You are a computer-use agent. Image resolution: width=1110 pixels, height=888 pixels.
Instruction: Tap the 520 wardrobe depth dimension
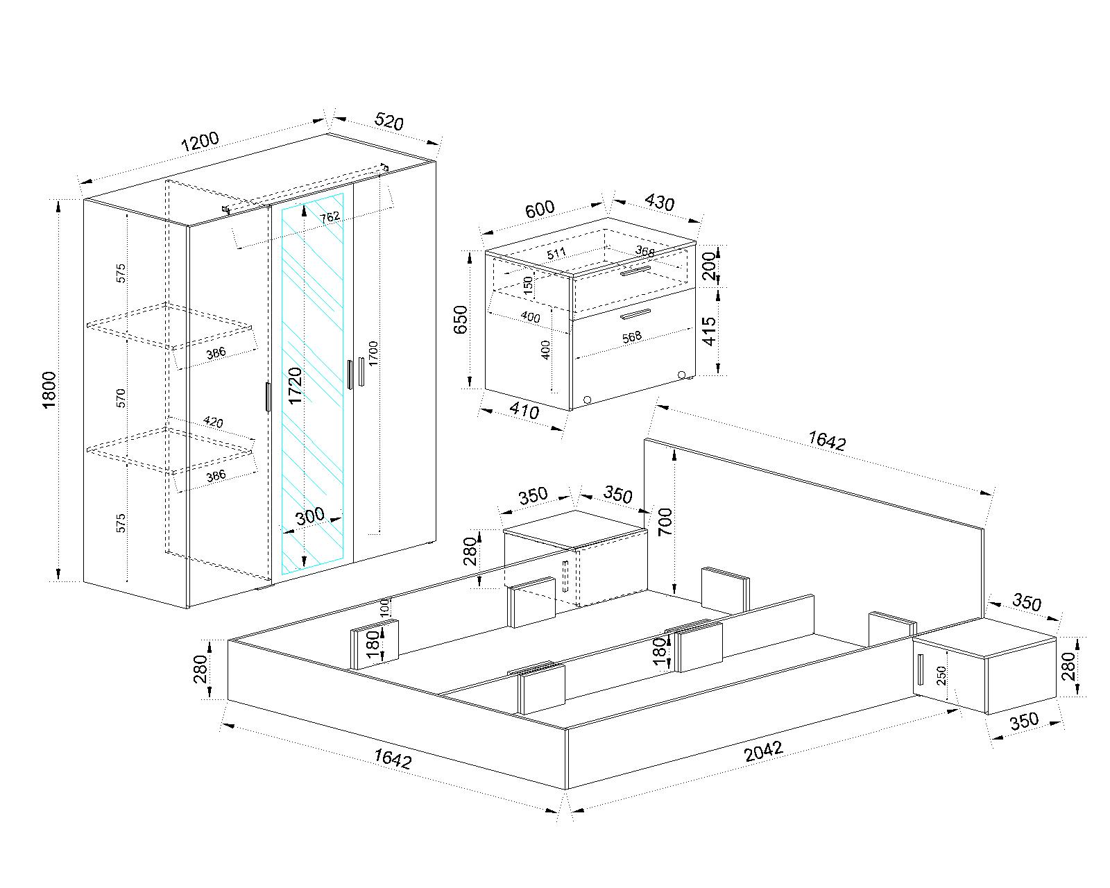(388, 122)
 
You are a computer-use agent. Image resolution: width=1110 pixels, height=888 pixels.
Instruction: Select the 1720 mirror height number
(296, 386)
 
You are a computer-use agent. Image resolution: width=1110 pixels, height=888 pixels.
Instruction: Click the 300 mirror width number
(309, 515)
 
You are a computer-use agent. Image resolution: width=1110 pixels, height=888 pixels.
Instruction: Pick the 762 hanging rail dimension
(330, 217)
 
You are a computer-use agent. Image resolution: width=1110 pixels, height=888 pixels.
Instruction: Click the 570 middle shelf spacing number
(121, 398)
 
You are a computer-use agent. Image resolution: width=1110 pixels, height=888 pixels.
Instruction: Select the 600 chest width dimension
(539, 208)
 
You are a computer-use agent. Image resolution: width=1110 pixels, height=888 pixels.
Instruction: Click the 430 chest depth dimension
(659, 202)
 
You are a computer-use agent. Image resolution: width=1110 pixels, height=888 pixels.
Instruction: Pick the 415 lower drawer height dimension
(708, 332)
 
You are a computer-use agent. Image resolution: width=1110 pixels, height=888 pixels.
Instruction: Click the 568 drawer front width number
(632, 336)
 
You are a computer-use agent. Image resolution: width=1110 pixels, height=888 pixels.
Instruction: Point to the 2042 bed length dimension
(763, 751)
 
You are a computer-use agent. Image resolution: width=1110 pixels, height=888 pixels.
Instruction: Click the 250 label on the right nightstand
(941, 675)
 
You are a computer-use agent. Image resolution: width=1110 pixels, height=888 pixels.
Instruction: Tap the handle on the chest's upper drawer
(635, 271)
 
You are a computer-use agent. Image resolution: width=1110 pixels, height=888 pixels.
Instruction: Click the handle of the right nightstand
(920, 669)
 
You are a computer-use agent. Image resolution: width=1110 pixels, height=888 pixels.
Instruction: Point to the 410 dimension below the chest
(524, 411)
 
